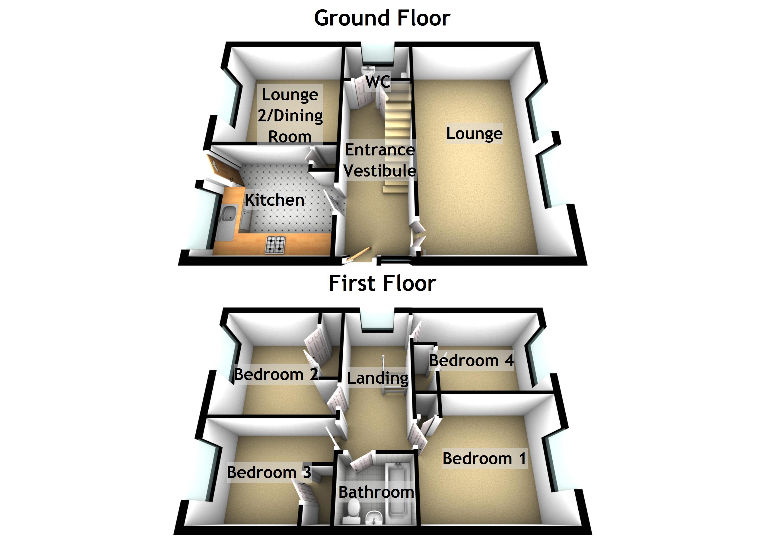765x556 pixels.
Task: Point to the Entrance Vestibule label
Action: point(380,160)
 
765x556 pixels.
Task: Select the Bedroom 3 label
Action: point(269,472)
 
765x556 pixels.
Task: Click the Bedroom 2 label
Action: point(276,374)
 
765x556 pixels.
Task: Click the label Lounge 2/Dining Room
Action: point(290,115)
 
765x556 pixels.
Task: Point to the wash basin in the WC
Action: point(369,70)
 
